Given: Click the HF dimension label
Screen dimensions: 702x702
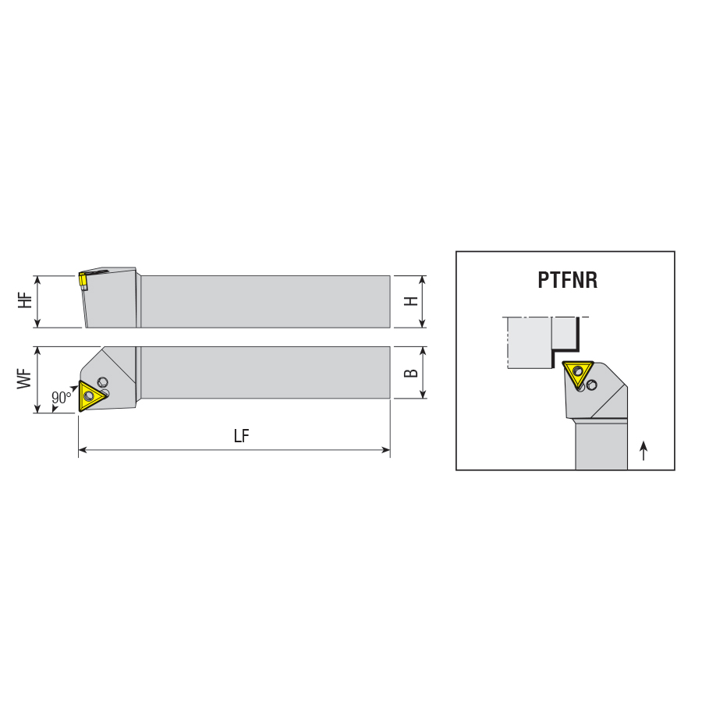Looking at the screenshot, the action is click(26, 300).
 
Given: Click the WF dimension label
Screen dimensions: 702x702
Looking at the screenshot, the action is click(25, 379).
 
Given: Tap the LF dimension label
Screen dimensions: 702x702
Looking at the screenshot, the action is click(241, 435).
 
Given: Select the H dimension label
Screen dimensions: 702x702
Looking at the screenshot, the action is click(410, 301).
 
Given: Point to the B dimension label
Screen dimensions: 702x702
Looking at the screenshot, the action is click(410, 373).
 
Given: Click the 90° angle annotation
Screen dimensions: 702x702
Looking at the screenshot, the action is click(62, 397).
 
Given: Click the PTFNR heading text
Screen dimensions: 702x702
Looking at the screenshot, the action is click(567, 280).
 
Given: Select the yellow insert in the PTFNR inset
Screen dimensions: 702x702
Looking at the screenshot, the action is click(577, 374).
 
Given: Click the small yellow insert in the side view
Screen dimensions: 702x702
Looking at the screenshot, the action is click(83, 280).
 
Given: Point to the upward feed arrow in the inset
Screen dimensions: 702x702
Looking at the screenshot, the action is click(643, 451).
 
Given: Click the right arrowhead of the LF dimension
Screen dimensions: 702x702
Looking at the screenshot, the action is click(386, 450).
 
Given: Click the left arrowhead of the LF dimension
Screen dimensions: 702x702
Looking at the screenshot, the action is click(83, 450).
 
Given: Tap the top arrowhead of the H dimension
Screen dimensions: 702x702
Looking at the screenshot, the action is click(422, 280).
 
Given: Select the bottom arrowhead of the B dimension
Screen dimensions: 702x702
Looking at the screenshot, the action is click(422, 394).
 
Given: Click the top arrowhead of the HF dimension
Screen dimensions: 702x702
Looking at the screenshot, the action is click(37, 280).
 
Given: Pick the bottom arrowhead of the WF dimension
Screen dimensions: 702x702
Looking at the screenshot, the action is click(37, 408).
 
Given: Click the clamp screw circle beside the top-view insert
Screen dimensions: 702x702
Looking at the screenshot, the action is click(102, 382).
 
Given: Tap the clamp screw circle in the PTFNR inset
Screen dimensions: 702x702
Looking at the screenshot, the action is click(592, 385).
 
